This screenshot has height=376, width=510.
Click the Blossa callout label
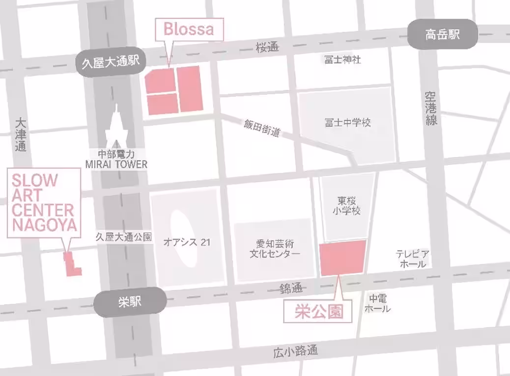[x=189, y=29]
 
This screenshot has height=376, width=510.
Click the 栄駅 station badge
[x=130, y=302]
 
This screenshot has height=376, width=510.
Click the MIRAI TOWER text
[x=116, y=164]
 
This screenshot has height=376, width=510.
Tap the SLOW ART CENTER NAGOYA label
[x=43, y=202]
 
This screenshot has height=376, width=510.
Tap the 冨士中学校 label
[x=347, y=122]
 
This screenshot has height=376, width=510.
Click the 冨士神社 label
[x=342, y=60]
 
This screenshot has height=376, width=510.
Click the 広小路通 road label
[x=295, y=351]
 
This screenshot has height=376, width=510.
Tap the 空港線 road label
[x=431, y=108]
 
